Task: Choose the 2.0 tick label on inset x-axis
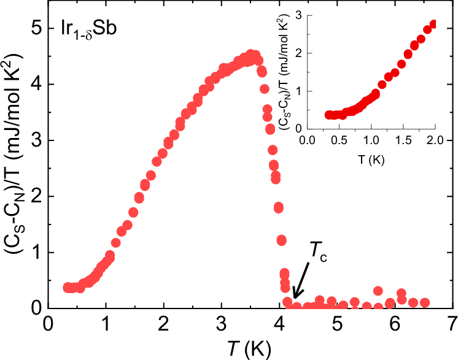pyautogui.click(x=435, y=141)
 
